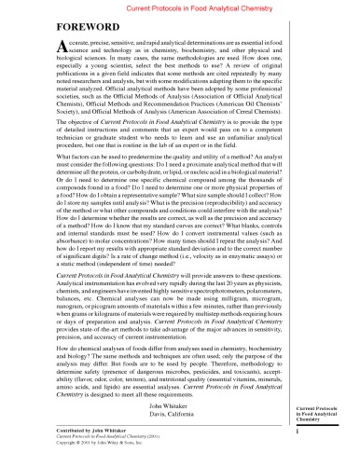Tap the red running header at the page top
[180, 7]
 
